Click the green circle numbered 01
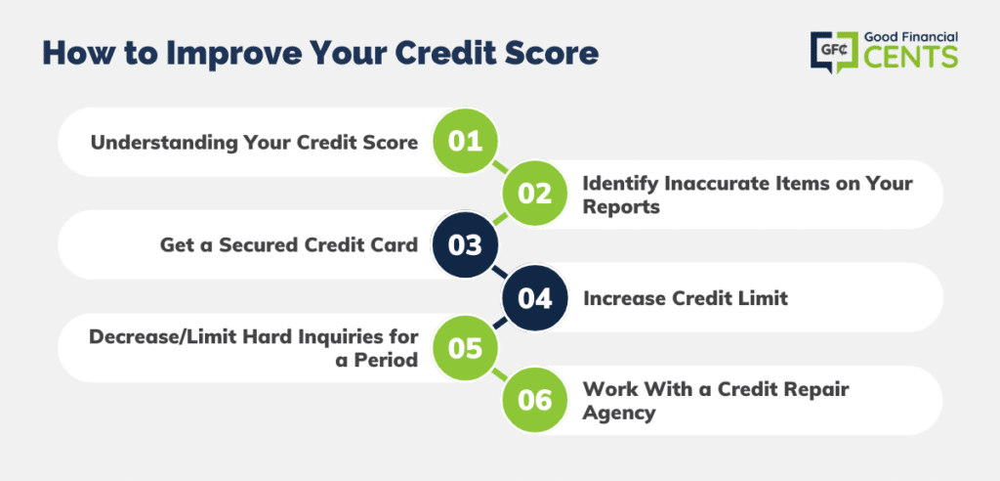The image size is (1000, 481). (x=465, y=141)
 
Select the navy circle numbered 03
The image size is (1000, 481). (x=465, y=245)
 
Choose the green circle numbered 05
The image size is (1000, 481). (x=465, y=349)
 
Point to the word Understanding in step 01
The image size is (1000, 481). (x=163, y=143)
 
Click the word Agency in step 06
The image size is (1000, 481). (x=619, y=414)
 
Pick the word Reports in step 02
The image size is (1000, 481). (x=621, y=207)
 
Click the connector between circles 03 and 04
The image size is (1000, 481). (x=500, y=272)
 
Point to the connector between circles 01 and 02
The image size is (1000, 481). (x=500, y=167)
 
